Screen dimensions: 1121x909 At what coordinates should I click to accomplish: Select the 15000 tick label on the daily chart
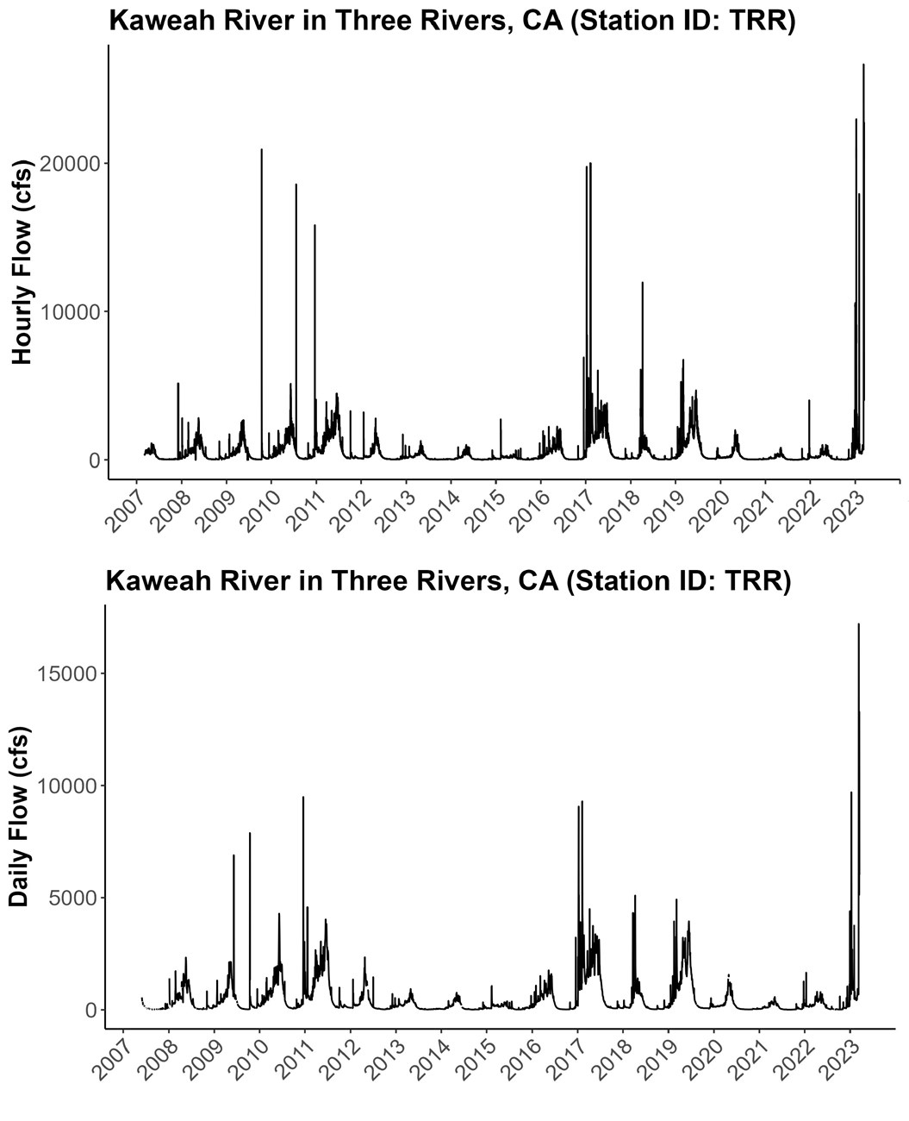[64, 673]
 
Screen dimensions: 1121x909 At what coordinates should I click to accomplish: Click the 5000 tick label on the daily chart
[69, 898]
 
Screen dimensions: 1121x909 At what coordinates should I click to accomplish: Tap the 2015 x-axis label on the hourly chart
[480, 510]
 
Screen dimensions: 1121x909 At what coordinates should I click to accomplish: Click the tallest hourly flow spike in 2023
[863, 66]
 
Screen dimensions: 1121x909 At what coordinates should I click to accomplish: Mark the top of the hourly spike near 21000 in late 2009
[262, 150]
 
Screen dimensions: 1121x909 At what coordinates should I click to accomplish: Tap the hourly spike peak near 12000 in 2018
[642, 284]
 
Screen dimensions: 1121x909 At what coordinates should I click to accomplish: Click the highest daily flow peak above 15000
[858, 624]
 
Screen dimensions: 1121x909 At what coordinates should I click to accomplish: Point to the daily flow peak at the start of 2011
[303, 798]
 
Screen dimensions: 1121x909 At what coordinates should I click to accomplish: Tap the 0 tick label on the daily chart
[89, 1010]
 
